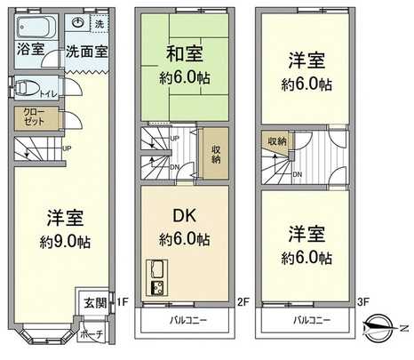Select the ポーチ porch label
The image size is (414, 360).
[x=92, y=334]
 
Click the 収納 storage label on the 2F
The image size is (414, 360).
[x=216, y=153]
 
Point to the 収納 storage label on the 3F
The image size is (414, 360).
[x=276, y=141]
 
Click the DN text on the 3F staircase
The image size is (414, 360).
[x=297, y=174]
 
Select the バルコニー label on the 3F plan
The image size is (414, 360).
[x=309, y=318]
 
